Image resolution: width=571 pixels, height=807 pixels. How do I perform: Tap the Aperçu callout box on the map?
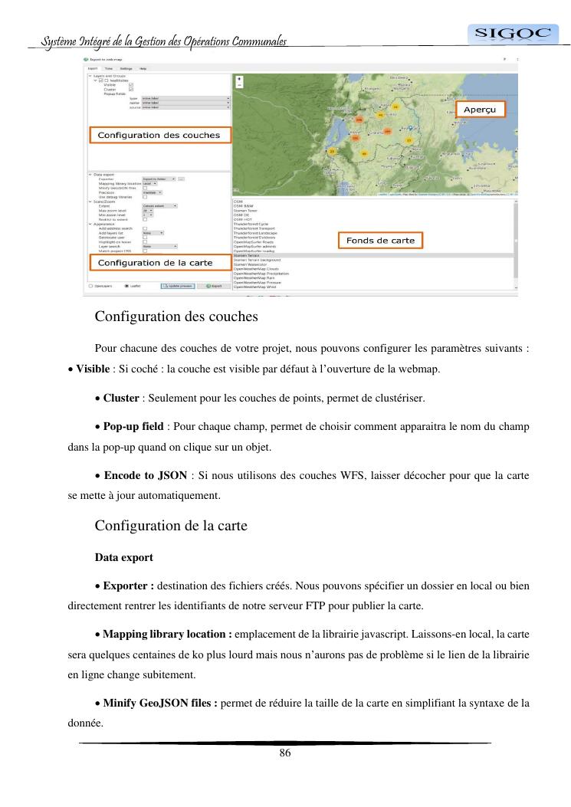481,110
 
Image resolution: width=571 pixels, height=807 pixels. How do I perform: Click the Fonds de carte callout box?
380,241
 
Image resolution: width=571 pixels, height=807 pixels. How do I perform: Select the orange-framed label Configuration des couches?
159,135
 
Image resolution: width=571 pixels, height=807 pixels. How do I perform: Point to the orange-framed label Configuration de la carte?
161,263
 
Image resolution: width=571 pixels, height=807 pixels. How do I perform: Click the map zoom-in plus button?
240,79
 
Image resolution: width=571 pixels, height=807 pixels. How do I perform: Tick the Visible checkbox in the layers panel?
131,84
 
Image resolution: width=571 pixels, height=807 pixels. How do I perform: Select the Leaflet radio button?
126,286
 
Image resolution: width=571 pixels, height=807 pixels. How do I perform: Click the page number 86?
285,753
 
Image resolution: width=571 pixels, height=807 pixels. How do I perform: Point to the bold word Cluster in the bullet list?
121,399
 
